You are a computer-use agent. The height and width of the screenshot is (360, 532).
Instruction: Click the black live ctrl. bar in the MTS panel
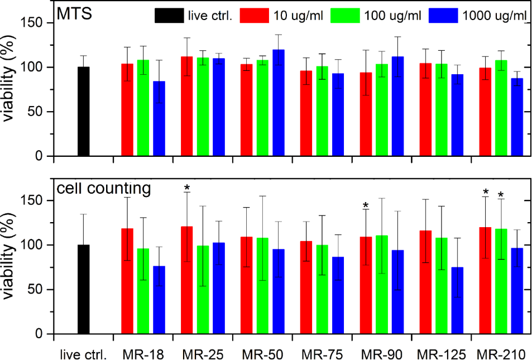click(83, 112)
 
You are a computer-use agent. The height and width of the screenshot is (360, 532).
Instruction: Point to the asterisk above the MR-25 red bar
click(187, 188)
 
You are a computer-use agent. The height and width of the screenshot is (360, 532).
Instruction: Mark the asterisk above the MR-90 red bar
click(366, 205)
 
